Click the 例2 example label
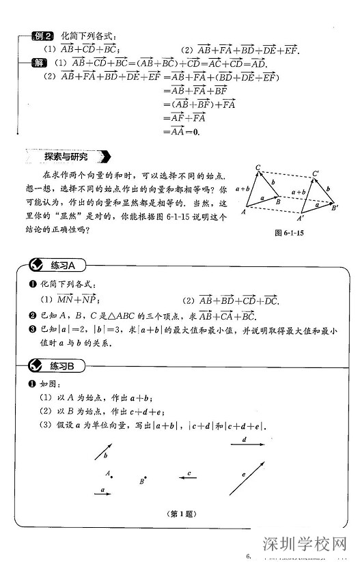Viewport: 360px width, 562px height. point(44,36)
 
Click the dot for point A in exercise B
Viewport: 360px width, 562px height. point(112,475)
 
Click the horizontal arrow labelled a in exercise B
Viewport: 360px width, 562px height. point(102,494)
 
